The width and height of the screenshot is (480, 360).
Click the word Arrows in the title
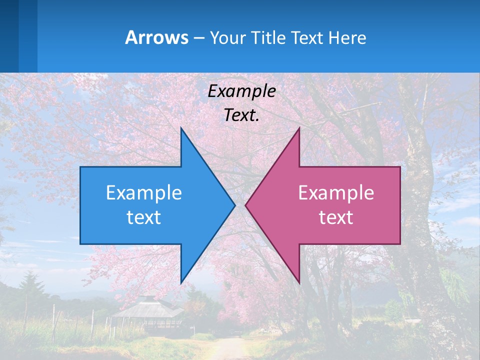(x=157, y=37)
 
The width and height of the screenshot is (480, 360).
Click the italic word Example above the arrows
(x=241, y=91)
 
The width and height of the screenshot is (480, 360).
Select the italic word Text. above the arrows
(x=241, y=115)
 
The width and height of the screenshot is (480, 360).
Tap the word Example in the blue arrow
(x=144, y=193)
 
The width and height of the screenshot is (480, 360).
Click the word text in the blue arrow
(x=144, y=217)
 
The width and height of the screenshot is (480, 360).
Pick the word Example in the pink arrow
(x=336, y=193)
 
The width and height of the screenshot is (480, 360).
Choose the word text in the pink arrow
(x=336, y=217)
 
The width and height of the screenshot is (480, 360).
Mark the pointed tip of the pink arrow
(x=246, y=205)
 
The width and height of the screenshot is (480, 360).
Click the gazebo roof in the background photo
(x=147, y=306)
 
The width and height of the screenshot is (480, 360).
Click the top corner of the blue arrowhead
(x=181, y=129)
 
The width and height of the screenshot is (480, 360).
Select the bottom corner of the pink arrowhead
(x=299, y=282)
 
